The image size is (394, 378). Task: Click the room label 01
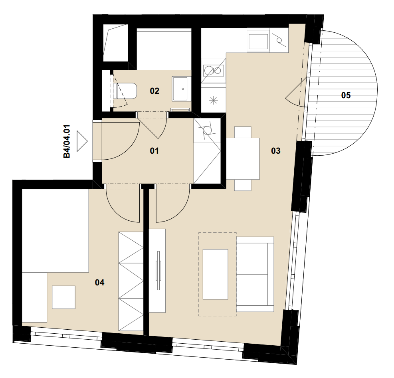pyautogui.click(x=154, y=151)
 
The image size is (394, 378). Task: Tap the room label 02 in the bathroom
pyautogui.click(x=154, y=91)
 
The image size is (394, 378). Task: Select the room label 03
pyautogui.click(x=276, y=151)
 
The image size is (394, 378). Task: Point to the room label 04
pyautogui.click(x=99, y=283)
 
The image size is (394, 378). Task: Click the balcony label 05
pyautogui.click(x=346, y=95)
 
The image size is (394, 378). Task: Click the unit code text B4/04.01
pyautogui.click(x=67, y=141)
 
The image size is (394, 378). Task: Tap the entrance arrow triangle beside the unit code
pyautogui.click(x=82, y=141)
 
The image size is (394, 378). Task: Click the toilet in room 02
pyautogui.click(x=125, y=91)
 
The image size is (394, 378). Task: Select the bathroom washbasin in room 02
pyautogui.click(x=180, y=89)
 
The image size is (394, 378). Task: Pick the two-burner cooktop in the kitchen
pyautogui.click(x=214, y=70)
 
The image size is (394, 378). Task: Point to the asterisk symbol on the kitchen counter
pyautogui.click(x=214, y=101)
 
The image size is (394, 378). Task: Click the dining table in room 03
pyautogui.click(x=243, y=158)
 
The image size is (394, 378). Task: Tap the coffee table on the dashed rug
pyautogui.click(x=215, y=274)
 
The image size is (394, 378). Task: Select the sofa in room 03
pyautogui.click(x=255, y=274)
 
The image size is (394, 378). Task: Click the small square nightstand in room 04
pyautogui.click(x=63, y=297)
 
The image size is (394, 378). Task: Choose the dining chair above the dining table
pyautogui.click(x=243, y=132)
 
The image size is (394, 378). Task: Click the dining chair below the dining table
pyautogui.click(x=243, y=185)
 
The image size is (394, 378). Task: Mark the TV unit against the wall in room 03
pyautogui.click(x=157, y=271)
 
